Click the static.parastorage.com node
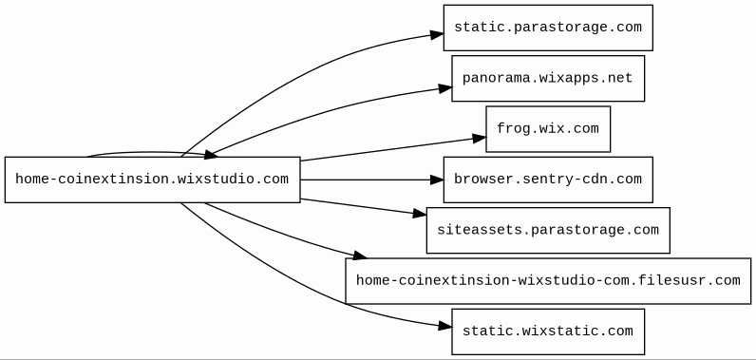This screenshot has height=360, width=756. coord(548,28)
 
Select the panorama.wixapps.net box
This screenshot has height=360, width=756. coord(548,79)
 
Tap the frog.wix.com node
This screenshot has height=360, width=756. coord(548,129)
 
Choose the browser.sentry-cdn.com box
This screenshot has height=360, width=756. coord(548,180)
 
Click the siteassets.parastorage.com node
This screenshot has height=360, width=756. coord(548,231)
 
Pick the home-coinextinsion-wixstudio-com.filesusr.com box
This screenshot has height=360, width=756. coord(548,281)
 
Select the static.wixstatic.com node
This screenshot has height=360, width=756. coord(548,332)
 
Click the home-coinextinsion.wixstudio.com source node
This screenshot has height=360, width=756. coord(153,180)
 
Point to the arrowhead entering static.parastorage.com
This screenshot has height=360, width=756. coord(437,35)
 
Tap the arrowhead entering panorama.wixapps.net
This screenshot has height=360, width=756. coord(445,88)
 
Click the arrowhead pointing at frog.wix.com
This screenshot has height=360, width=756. coord(480,139)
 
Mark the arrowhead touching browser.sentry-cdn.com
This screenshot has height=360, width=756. coord(437,180)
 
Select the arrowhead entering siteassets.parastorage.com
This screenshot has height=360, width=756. coord(420,214)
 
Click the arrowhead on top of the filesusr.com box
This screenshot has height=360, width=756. coord(360,256)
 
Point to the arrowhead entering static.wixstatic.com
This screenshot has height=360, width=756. coord(445,326)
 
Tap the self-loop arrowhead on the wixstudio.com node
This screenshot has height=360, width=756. coord(211,155)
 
